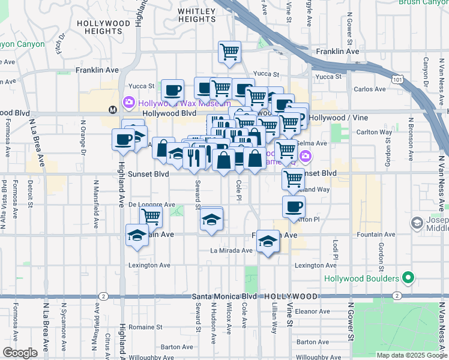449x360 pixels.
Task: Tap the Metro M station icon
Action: coord(112,110)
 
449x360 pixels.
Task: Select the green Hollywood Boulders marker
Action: coord(409,278)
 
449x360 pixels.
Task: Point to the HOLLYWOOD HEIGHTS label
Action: coord(103,27)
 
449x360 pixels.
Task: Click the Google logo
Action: coord(20,353)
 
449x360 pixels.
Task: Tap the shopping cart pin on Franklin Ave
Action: coord(229,53)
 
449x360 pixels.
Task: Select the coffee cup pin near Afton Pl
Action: coord(294,207)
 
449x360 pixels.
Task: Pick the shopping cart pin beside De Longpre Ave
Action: coord(151,217)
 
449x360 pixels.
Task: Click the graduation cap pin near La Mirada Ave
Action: coord(268,241)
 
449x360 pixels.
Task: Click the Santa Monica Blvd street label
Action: coord(224,296)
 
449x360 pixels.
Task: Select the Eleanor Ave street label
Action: coord(312,311)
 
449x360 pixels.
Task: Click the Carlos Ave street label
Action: coord(370,89)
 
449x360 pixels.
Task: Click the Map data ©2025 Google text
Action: coord(411,355)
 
